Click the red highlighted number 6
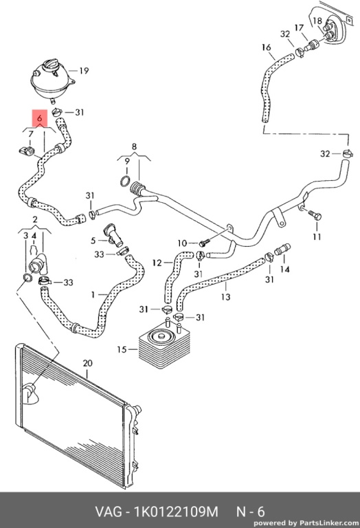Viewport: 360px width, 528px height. (x=40, y=118)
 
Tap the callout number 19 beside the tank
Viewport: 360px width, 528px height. (x=84, y=71)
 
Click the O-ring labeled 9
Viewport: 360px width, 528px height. (x=125, y=181)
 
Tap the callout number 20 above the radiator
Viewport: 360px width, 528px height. (x=87, y=363)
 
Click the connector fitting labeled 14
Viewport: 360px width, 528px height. (x=282, y=250)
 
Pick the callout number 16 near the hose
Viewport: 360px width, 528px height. (x=266, y=47)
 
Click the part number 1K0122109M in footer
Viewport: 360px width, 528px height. (x=177, y=511)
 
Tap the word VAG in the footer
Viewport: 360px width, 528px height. (x=109, y=511)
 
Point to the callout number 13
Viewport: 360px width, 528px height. (x=225, y=297)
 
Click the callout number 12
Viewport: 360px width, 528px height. (x=157, y=263)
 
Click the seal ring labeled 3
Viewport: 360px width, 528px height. (x=27, y=278)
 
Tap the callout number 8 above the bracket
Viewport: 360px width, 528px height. (x=134, y=146)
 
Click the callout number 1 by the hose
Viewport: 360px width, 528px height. (x=93, y=295)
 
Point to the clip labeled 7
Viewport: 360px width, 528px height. (x=27, y=151)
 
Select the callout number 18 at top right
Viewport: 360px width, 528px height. (x=317, y=21)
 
